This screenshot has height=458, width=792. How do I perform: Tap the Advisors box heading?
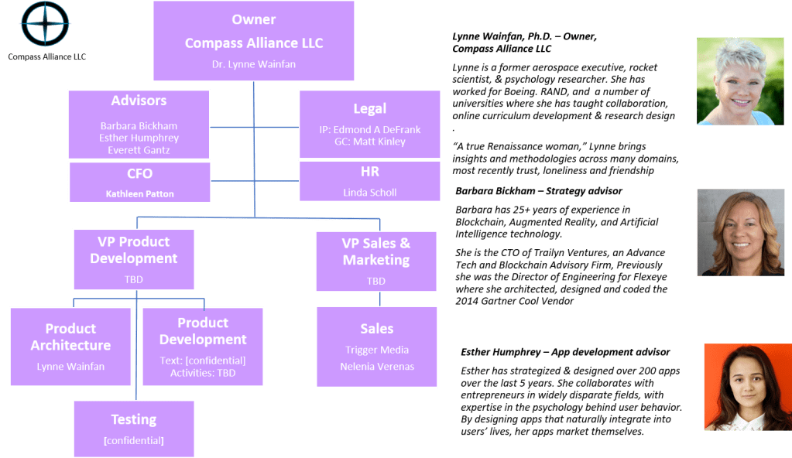click(139, 101)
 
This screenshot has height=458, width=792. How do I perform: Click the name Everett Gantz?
click(139, 150)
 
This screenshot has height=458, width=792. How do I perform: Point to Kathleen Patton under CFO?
click(139, 194)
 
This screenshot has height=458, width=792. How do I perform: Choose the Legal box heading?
click(370, 108)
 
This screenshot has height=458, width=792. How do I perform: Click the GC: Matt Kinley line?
click(370, 143)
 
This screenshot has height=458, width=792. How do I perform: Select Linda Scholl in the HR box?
click(369, 192)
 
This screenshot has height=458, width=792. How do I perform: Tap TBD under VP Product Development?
click(133, 279)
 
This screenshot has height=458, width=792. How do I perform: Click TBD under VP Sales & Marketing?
click(375, 281)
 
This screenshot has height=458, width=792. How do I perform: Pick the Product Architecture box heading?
click(70, 337)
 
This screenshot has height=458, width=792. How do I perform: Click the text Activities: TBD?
click(202, 373)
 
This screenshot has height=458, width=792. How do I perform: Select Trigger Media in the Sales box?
click(377, 350)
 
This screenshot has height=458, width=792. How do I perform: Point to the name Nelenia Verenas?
click(377, 366)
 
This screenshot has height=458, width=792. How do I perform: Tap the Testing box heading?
click(133, 419)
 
